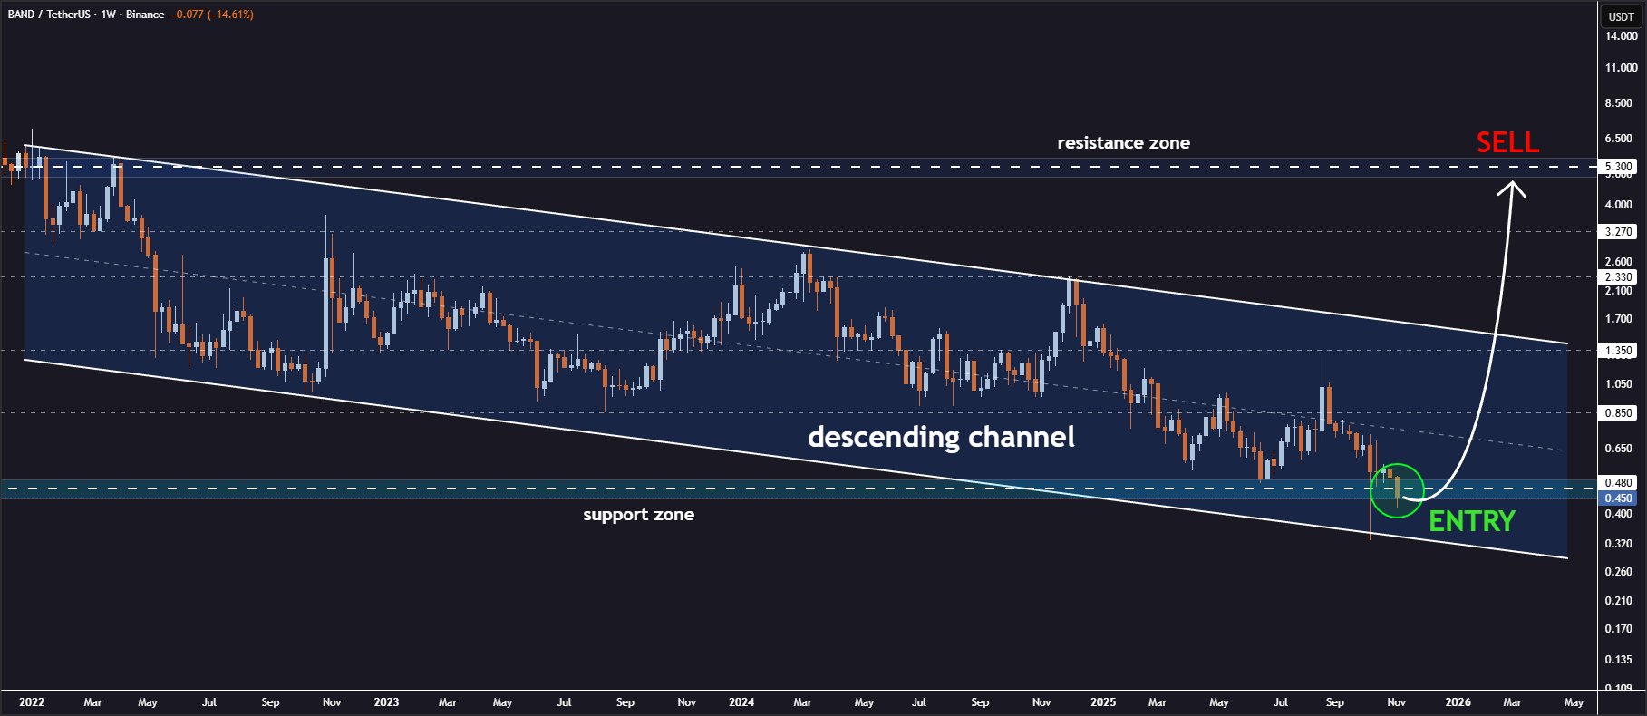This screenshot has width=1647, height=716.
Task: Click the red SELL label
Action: (x=1507, y=142)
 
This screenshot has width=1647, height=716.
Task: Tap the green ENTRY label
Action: (x=1471, y=521)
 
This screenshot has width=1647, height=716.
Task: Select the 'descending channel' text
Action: (x=941, y=437)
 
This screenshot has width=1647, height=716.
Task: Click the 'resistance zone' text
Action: (x=1123, y=143)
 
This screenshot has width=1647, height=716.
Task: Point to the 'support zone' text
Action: (x=638, y=515)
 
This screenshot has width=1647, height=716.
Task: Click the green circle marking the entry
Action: (x=1397, y=490)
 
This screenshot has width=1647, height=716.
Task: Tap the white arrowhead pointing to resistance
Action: (x=1511, y=189)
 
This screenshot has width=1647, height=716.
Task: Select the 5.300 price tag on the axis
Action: (x=1619, y=167)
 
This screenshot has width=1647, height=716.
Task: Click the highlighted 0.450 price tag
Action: (x=1619, y=498)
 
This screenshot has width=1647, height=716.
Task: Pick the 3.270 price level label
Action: (x=1619, y=232)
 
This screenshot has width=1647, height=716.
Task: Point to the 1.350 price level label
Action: (x=1619, y=351)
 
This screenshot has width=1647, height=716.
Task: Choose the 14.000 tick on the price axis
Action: (x=1621, y=36)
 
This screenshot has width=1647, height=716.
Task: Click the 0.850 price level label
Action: (x=1619, y=413)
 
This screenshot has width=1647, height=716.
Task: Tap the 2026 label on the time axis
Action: (x=1458, y=702)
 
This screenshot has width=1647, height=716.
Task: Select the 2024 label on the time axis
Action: (x=741, y=702)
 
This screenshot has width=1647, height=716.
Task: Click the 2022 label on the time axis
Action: (x=32, y=702)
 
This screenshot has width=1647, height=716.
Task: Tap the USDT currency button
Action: (x=1621, y=16)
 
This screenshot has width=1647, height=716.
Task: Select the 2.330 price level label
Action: (x=1619, y=277)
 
